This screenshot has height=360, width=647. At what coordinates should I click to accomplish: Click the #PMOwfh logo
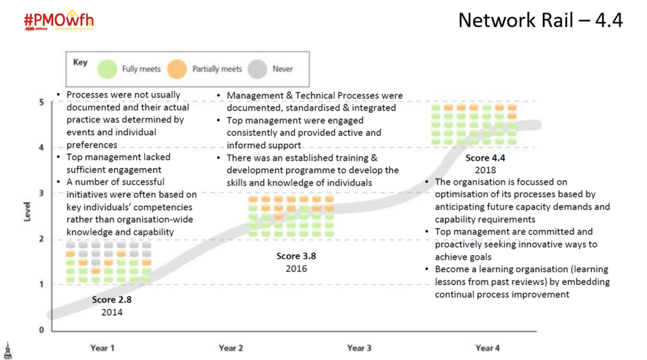pos(58,21)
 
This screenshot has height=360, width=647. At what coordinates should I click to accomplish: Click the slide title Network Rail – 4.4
pos(540,20)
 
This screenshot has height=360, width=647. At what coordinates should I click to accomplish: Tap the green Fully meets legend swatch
pos(109,68)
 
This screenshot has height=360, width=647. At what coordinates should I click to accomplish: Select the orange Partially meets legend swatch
pos(179,68)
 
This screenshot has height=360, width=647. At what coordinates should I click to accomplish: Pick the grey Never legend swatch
pos(258,68)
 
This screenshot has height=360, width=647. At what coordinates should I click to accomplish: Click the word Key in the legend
pos(80,63)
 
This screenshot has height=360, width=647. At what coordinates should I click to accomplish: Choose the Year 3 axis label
pos(359,348)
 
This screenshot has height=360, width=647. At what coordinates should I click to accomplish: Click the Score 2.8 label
pos(112,300)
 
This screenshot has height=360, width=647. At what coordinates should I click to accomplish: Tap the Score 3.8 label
pos(296,256)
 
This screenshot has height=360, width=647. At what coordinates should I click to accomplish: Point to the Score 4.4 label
pos(485,158)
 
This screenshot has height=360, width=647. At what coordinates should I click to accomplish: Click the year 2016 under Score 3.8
pos(296,268)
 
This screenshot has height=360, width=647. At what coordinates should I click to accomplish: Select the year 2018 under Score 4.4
pos(485,170)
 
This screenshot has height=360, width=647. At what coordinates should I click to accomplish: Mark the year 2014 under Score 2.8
pos(112,312)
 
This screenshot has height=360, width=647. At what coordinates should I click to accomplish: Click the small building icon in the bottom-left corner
pos(7,350)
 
